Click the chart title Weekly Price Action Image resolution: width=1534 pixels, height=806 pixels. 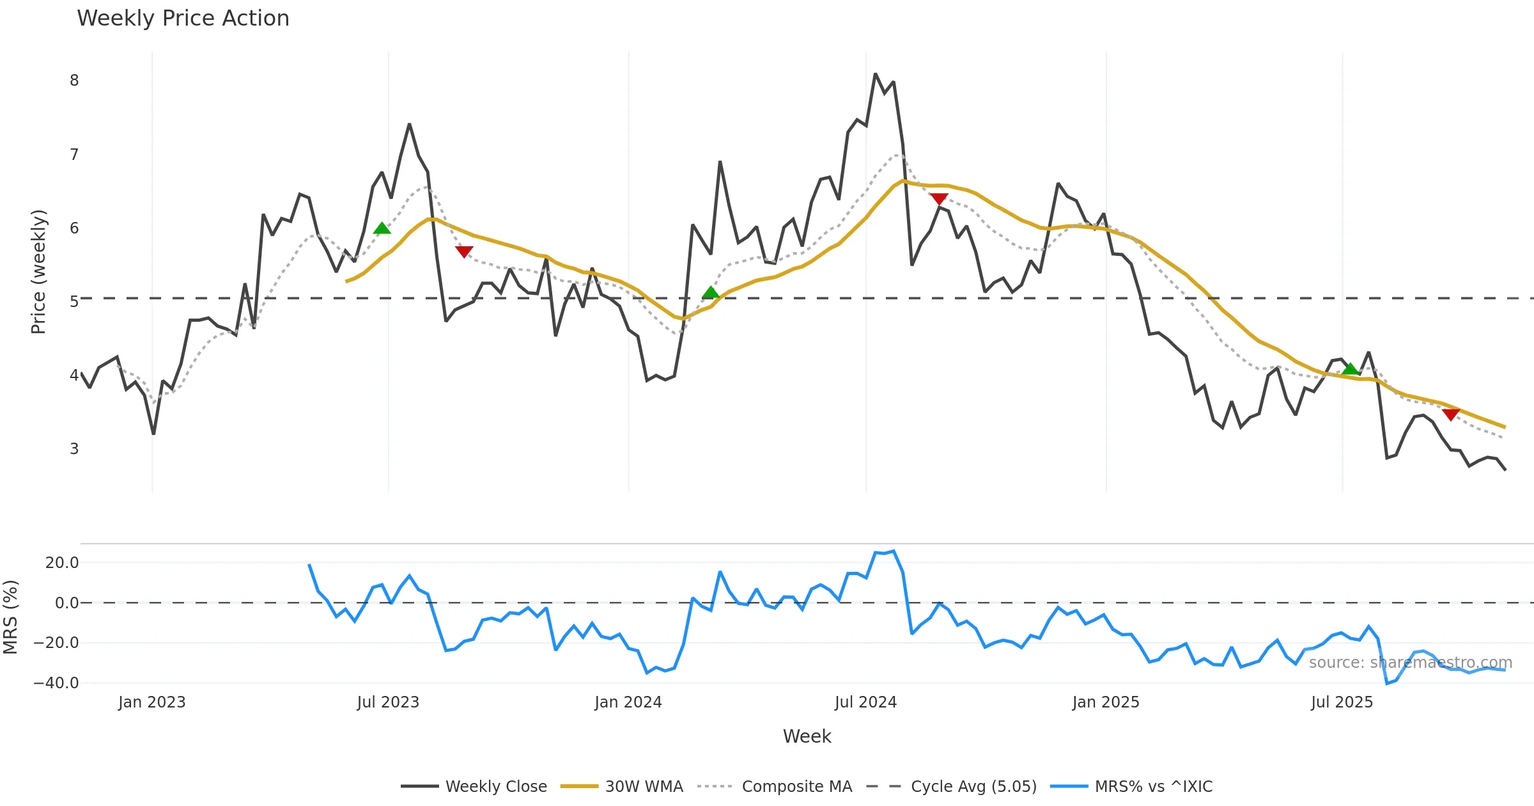coord(183,19)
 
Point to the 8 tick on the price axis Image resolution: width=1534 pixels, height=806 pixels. coord(74,81)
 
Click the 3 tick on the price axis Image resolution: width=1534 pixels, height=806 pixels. coord(74,449)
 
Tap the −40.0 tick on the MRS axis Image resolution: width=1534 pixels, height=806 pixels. coord(56,683)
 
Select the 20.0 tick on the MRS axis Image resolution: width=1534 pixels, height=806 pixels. coord(61,563)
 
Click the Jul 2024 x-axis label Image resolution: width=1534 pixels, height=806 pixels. coord(865,702)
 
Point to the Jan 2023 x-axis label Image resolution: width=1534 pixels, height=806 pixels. coord(152,702)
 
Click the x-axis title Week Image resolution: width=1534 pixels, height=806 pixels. coord(807,736)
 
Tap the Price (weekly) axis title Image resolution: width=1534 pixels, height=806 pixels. coord(38,272)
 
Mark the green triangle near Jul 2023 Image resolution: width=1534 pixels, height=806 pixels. coord(382,228)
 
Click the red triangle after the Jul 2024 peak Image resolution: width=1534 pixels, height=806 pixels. coord(938,199)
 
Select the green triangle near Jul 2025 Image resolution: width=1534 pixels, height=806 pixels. coord(1350,368)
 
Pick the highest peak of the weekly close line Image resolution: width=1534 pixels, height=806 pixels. coord(875,74)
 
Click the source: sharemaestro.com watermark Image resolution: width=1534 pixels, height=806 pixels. coord(1410,663)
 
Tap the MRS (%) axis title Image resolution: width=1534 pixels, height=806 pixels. coord(11,617)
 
